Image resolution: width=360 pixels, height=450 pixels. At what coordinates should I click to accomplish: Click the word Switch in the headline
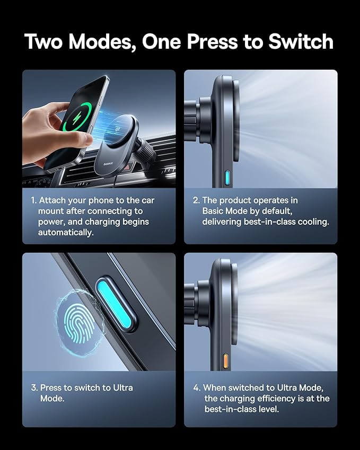pos(301,41)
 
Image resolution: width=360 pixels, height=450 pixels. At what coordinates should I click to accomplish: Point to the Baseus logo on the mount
pos(108,164)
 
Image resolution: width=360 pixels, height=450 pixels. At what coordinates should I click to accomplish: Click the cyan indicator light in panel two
pos(227,178)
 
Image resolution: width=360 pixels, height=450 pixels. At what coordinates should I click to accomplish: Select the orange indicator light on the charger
pos(225,361)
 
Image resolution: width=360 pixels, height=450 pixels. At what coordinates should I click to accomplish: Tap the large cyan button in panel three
pos(114,304)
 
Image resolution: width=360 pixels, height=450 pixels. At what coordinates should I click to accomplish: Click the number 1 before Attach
pos(33,200)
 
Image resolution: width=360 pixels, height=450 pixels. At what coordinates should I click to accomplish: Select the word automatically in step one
pos(66,233)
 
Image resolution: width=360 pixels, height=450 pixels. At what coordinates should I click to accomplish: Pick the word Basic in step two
pos(213,211)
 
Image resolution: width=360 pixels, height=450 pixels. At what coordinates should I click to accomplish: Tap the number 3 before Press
pos(34,388)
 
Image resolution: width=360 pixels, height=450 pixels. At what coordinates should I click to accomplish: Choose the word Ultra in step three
pos(123,388)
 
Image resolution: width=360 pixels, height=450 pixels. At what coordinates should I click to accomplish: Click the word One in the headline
pos(161,42)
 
